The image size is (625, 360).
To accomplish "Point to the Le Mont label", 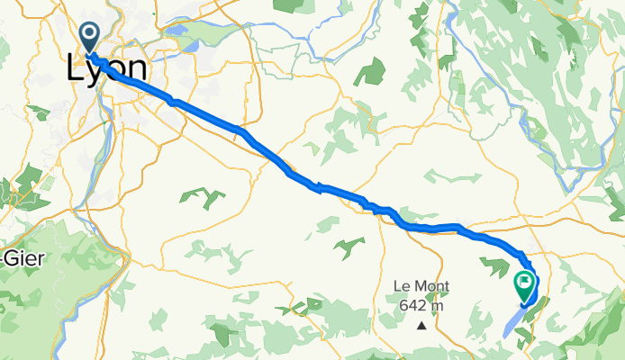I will (421, 287).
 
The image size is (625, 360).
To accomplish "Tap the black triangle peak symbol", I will (421, 326).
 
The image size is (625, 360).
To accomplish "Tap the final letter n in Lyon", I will (137, 70).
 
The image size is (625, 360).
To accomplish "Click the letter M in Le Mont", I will (417, 287).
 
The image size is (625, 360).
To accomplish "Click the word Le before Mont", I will (400, 287).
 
